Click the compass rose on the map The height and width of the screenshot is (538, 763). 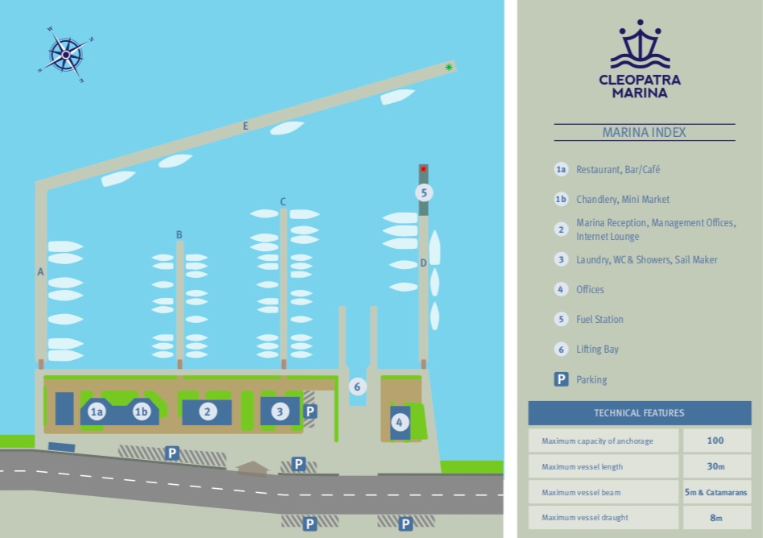point(66,55)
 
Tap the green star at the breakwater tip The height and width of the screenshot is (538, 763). point(449,67)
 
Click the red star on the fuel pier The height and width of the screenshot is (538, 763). point(423,169)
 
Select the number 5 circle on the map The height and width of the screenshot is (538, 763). point(424,192)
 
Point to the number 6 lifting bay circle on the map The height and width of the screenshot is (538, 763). point(357,387)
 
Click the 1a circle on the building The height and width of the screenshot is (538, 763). point(97,412)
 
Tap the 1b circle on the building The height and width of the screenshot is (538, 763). point(141,412)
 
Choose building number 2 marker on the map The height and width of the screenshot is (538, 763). point(207,412)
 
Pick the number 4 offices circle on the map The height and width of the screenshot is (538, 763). point(400,422)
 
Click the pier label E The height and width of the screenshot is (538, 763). point(246,126)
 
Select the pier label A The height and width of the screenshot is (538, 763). point(40,272)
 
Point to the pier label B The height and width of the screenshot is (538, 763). point(179,235)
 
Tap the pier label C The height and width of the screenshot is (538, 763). point(283,201)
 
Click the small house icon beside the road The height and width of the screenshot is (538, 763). point(252,468)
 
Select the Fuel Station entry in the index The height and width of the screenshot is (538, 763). point(599,319)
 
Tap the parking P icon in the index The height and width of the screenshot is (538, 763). point(561,379)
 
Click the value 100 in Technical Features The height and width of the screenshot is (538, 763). point(715,441)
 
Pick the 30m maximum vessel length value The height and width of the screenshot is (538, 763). point(715,466)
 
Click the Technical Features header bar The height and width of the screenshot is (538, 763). point(640,413)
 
